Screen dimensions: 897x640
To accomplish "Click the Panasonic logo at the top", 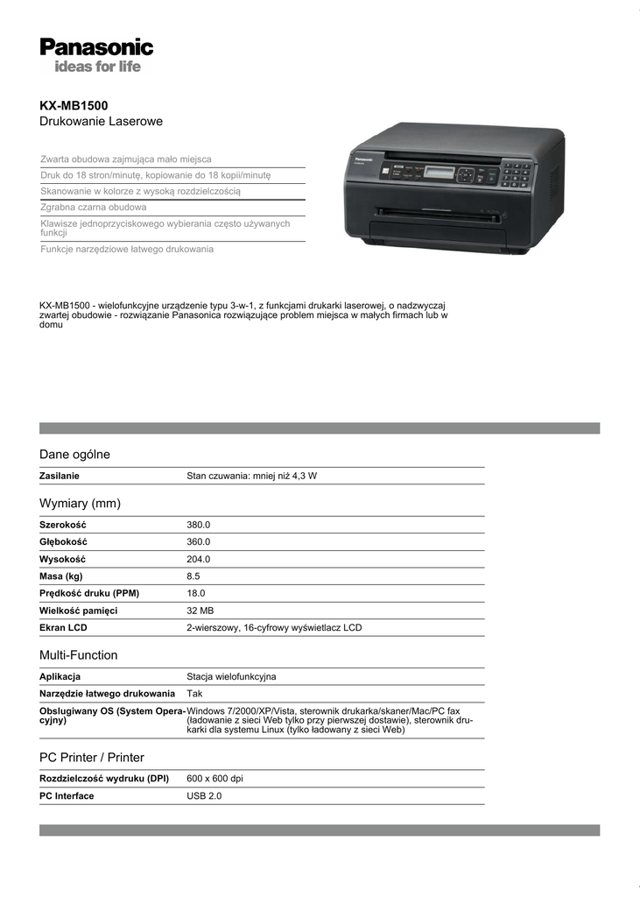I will point(96,46).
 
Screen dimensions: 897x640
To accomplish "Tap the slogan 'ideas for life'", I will point(97,67).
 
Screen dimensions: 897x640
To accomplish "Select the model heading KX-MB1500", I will point(74,105).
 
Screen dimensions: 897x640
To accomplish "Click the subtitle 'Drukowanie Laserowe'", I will point(101,121).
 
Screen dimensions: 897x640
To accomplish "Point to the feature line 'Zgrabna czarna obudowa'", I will point(94,208).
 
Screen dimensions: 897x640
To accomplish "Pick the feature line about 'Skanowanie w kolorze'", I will point(140,191).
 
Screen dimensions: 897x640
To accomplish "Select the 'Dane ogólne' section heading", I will point(74,455).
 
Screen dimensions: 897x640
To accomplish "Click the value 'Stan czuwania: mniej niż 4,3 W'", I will point(251,476).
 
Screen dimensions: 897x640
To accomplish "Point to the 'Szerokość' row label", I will point(62,525).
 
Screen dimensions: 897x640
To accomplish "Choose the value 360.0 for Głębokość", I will point(199,542).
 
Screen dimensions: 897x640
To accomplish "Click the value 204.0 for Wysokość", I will point(199,559).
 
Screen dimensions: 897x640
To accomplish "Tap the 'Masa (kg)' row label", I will point(61,576).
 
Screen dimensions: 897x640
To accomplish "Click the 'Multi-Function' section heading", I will point(78,655).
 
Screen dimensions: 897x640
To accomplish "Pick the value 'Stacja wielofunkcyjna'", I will point(231,676).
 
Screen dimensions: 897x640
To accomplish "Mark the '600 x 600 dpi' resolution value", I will point(215,779).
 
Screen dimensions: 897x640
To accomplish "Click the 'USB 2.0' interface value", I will point(204,796).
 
